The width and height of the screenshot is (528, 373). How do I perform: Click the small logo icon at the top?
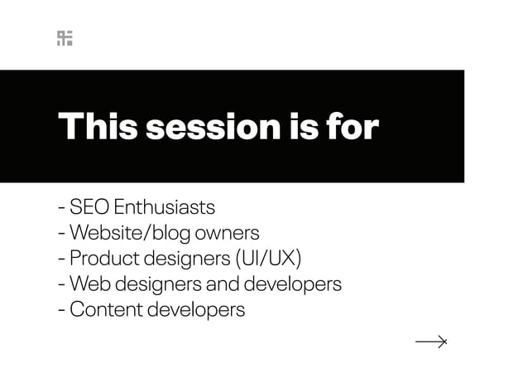coord(65,38)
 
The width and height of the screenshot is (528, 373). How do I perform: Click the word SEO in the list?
coord(89,206)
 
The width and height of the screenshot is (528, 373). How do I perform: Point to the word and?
coord(223,283)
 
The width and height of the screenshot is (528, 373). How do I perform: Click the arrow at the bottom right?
coord(431,341)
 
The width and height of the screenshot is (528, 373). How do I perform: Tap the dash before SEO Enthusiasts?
coord(62,207)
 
